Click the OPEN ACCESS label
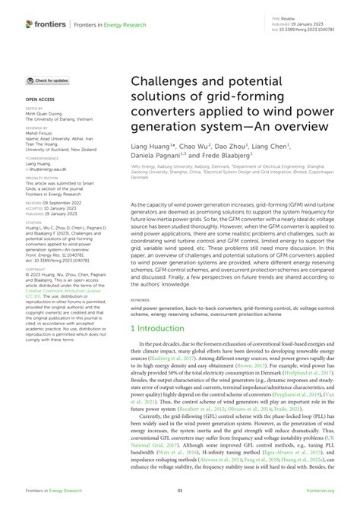[40, 99]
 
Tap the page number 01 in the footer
[180, 492]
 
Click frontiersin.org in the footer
[319, 492]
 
